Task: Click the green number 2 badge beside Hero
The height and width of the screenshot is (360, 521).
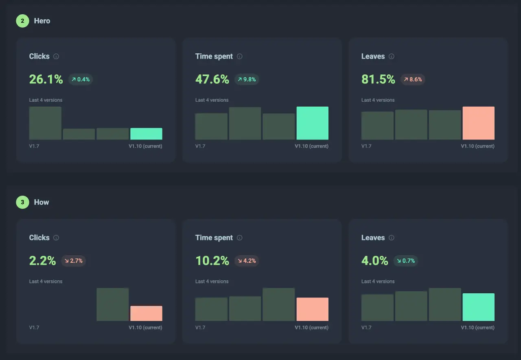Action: [x=22, y=21]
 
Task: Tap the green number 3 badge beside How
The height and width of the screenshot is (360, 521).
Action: [x=22, y=202]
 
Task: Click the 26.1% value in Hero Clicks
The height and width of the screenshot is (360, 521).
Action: [x=46, y=79]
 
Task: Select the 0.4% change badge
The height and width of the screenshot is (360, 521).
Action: [x=81, y=79]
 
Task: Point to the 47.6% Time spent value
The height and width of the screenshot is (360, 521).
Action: [x=212, y=79]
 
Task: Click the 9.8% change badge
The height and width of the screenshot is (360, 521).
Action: [x=247, y=79]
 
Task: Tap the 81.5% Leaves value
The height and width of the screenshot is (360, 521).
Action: [x=378, y=79]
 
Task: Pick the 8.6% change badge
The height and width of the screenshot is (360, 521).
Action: [x=413, y=79]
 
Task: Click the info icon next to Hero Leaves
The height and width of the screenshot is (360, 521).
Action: [x=392, y=57]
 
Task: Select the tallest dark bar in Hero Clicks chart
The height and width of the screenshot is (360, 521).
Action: [x=45, y=123]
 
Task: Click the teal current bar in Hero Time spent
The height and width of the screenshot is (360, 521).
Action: [x=312, y=123]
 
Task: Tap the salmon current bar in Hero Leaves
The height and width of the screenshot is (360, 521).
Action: [x=478, y=123]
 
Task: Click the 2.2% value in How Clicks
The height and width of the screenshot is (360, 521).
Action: [x=42, y=261]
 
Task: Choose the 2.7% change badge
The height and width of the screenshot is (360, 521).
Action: [x=73, y=261]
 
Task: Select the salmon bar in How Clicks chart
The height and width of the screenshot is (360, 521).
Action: [x=146, y=313]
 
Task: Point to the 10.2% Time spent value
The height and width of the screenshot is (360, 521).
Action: [x=212, y=261]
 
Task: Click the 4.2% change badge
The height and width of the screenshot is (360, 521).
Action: [x=247, y=261]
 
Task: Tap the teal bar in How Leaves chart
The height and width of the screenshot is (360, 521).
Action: [x=478, y=307]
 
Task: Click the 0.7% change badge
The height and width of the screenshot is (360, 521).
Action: [x=406, y=261]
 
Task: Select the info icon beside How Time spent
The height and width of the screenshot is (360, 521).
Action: [x=240, y=238]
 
